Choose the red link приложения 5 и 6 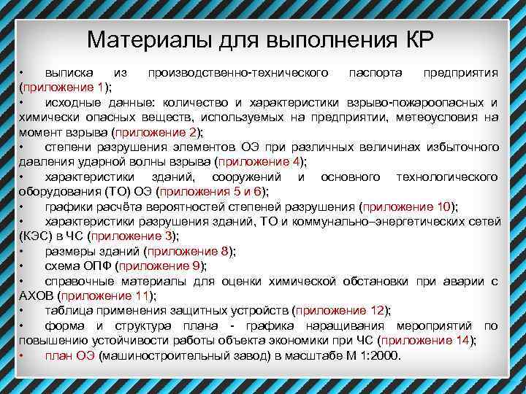(210, 192)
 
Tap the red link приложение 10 (406, 206)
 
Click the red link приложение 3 (133, 236)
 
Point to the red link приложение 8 (189, 252)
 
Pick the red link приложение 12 (340, 311)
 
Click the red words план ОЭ (69, 356)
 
